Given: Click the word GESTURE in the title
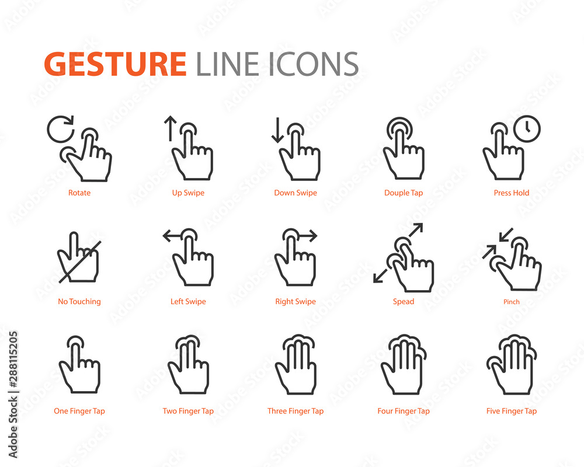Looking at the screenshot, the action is pyautogui.click(x=115, y=64).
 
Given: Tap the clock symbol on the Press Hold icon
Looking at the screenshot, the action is pyautogui.click(x=527, y=129).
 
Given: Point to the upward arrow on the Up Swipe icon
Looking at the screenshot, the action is pyautogui.click(x=170, y=128).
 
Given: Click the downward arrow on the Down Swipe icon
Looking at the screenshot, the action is pyautogui.click(x=277, y=130).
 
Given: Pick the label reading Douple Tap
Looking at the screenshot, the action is pyautogui.click(x=404, y=193).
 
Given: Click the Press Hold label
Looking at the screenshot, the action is pyautogui.click(x=512, y=193).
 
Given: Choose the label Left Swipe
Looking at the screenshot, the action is pyautogui.click(x=188, y=301).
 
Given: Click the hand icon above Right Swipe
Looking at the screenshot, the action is pyautogui.click(x=296, y=257).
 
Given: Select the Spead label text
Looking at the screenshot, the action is pyautogui.click(x=404, y=301).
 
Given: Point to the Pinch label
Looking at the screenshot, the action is pyautogui.click(x=512, y=302).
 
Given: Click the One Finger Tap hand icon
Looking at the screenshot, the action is pyautogui.click(x=79, y=365).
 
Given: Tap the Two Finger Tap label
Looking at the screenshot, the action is pyautogui.click(x=188, y=411).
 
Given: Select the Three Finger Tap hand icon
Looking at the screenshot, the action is pyautogui.click(x=296, y=365).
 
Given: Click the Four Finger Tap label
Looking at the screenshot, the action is pyautogui.click(x=404, y=411).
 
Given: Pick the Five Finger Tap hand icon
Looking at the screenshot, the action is pyautogui.click(x=512, y=365).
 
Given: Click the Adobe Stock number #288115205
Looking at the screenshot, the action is pyautogui.click(x=13, y=360).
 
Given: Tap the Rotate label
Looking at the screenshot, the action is pyautogui.click(x=79, y=193).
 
